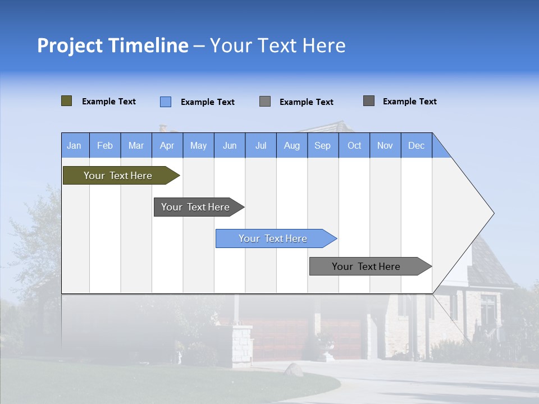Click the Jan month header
75,145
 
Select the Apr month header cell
167,145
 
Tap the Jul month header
261,145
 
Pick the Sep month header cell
323,145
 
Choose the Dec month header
416,145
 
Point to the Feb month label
105,145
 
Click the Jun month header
230,145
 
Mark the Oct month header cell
354,145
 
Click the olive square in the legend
66,101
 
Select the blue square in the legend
166,102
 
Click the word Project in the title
70,45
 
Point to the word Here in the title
324,45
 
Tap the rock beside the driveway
293,369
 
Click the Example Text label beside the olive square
109,102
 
